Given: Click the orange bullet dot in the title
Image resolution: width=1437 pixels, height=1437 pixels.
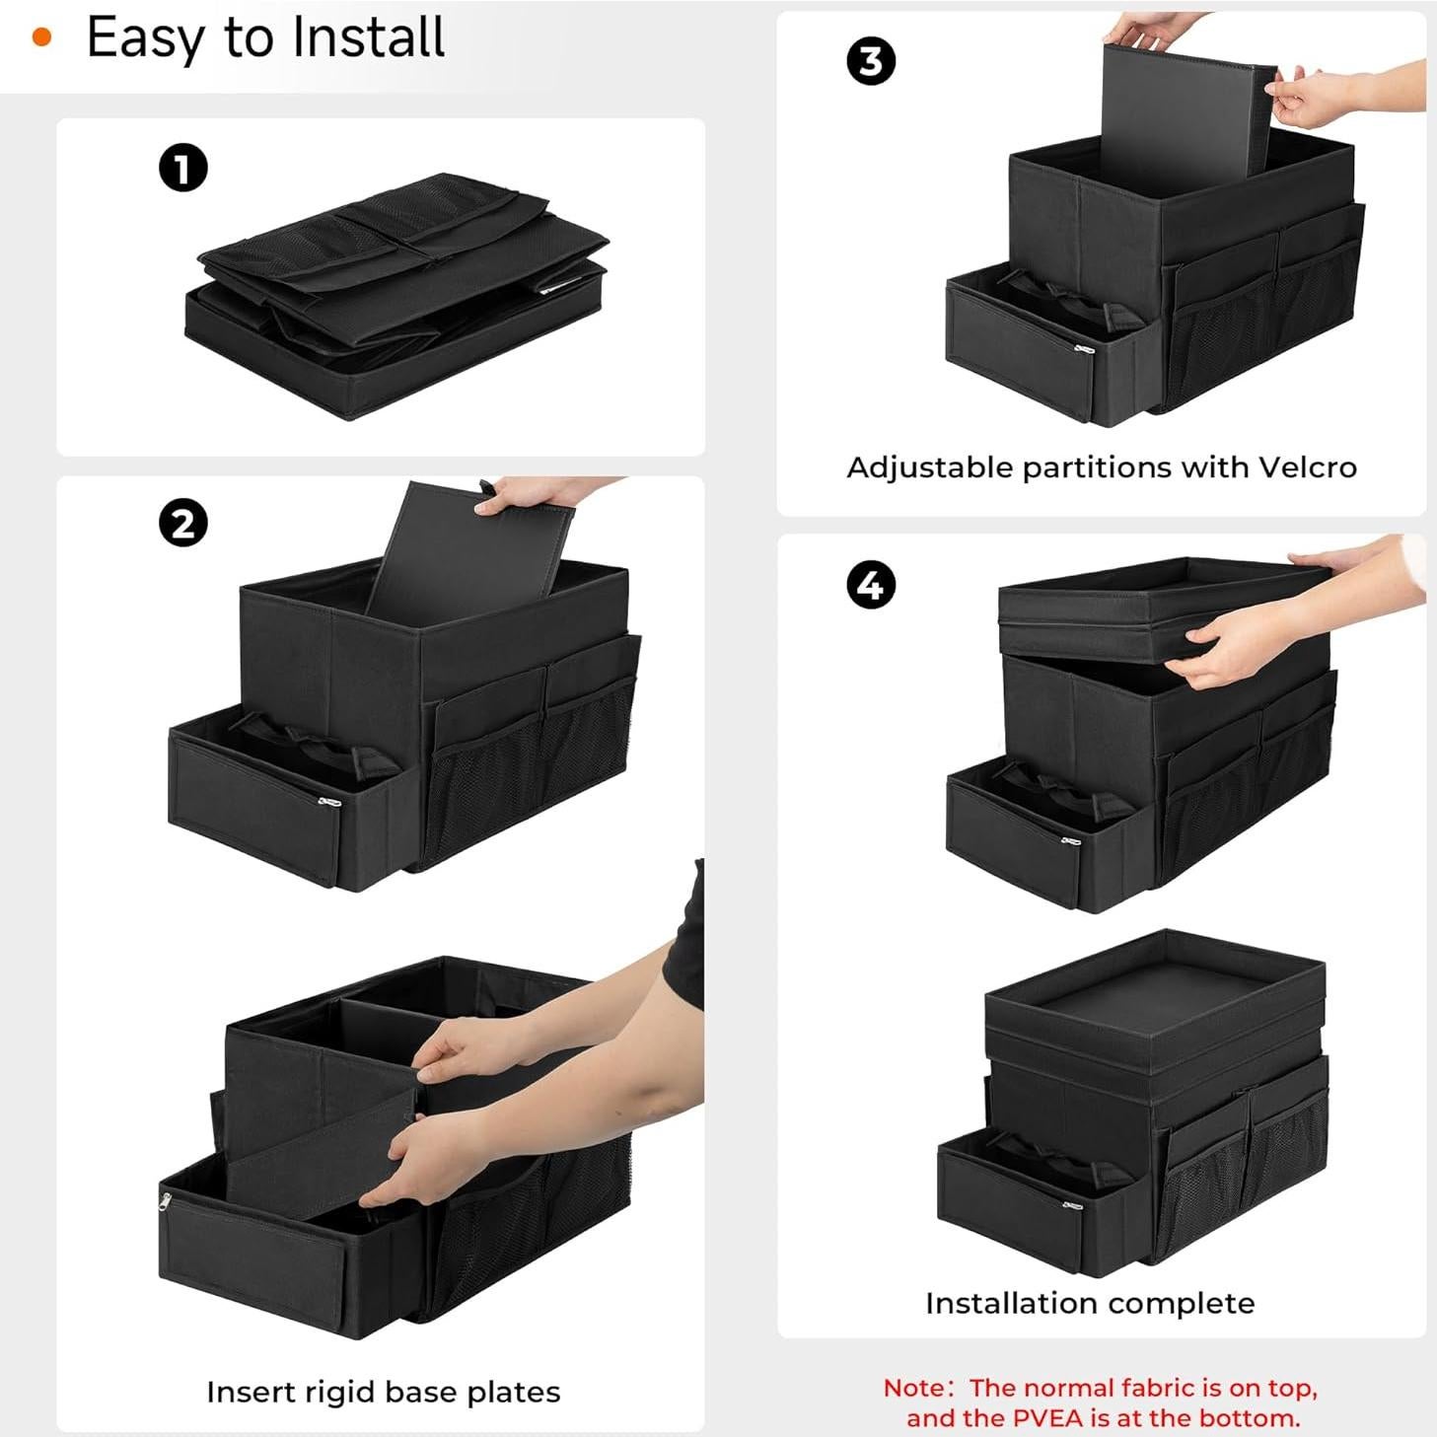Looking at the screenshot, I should tap(41, 38).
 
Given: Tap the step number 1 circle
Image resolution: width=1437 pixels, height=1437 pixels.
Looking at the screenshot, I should tap(183, 168).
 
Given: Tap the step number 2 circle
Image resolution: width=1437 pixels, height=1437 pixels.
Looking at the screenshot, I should tap(183, 523).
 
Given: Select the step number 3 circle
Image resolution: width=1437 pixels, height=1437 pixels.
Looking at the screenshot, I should tap(871, 61).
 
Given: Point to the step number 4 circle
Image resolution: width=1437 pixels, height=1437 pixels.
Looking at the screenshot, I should tap(871, 585).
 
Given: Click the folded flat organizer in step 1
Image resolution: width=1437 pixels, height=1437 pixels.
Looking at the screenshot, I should tap(395, 296).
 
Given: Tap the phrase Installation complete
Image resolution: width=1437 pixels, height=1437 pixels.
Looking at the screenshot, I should tap(1090, 1303).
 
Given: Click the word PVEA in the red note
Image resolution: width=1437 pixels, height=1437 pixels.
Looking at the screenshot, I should tap(1047, 1418).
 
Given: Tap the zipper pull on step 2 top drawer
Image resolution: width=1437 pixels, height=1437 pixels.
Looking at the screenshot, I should tap(330, 802).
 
